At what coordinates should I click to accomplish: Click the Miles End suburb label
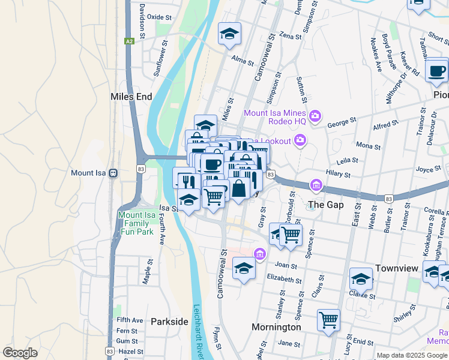coord(131,97)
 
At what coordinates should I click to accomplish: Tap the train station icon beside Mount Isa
coord(112,173)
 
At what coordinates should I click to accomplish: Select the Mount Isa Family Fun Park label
coord(142,224)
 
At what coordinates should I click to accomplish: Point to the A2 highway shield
coord(129,41)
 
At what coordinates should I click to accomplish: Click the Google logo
coord(20,353)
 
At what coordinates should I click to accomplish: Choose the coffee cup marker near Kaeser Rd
coord(436,70)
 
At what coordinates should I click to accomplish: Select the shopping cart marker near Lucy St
coord(328,320)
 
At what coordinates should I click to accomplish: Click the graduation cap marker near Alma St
coord(229,35)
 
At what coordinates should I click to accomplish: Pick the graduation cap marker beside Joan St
coord(244,269)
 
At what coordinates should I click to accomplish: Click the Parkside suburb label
coord(169,322)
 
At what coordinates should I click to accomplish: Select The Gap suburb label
coord(325,205)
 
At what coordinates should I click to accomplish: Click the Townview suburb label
coord(396,268)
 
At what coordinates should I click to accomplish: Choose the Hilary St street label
coord(338,174)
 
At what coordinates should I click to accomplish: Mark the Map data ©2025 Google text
coord(411,355)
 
